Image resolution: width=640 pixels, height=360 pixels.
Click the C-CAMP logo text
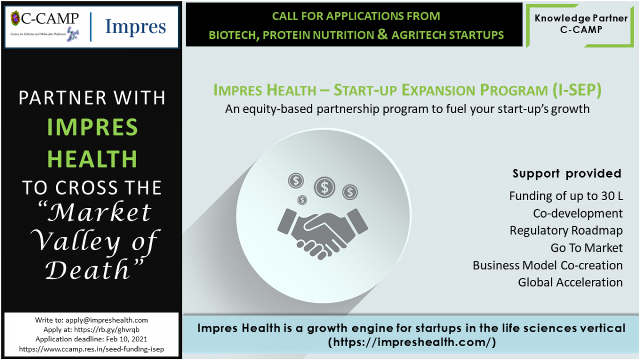(x=50, y=19)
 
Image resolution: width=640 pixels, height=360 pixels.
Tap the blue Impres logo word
(x=135, y=27)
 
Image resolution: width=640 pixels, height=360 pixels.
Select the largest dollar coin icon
(x=325, y=187)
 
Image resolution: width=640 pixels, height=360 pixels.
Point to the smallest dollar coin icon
(x=302, y=200)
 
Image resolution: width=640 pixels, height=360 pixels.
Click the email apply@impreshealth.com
(x=107, y=320)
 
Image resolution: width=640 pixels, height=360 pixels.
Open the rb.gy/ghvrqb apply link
(x=107, y=330)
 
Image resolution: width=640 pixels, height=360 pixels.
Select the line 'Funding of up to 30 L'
(x=566, y=196)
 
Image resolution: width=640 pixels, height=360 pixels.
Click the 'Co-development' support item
(x=578, y=213)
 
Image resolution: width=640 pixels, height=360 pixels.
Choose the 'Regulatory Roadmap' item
(x=566, y=230)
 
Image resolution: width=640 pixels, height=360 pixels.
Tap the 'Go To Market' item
(x=587, y=248)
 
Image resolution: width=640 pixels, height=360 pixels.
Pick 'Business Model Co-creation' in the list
(x=548, y=266)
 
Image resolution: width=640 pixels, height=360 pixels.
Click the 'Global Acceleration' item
(x=570, y=283)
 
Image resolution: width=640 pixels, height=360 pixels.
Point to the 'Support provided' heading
(x=567, y=174)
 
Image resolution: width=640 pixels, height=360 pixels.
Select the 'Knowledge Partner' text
(x=581, y=18)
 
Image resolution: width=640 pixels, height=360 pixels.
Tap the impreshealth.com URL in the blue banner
(x=412, y=342)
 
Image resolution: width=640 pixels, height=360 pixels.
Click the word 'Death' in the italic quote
(x=87, y=270)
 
